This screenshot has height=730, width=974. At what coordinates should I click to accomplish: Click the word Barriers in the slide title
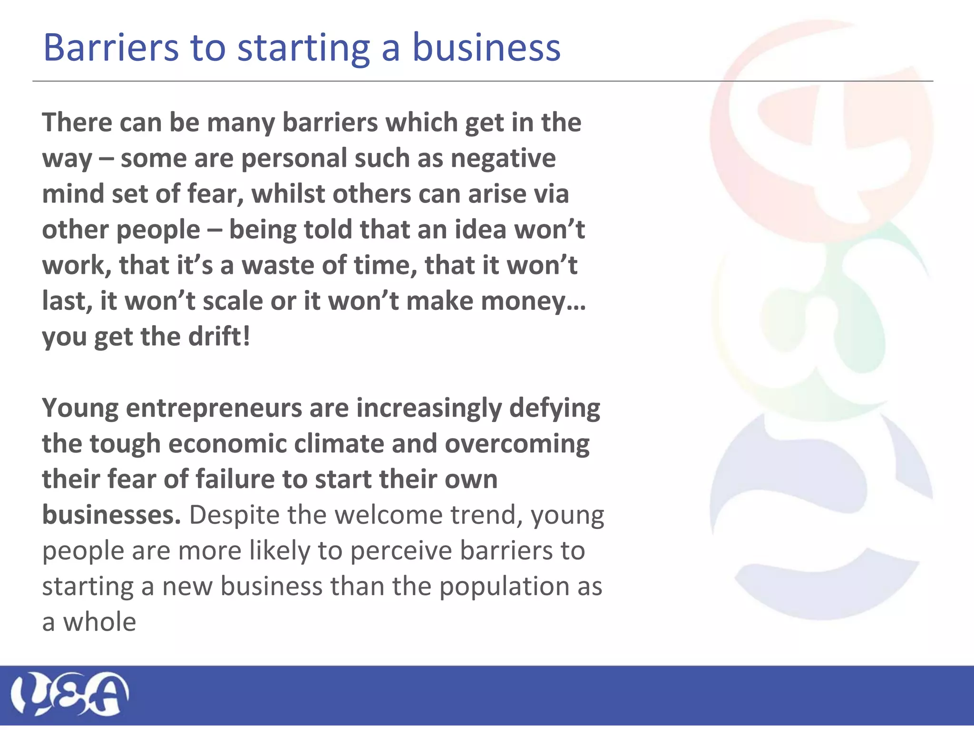(x=111, y=48)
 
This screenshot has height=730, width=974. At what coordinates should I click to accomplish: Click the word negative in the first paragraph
(x=503, y=158)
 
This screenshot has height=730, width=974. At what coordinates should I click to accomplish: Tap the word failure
(x=235, y=479)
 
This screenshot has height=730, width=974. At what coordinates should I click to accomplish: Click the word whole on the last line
(x=100, y=622)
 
